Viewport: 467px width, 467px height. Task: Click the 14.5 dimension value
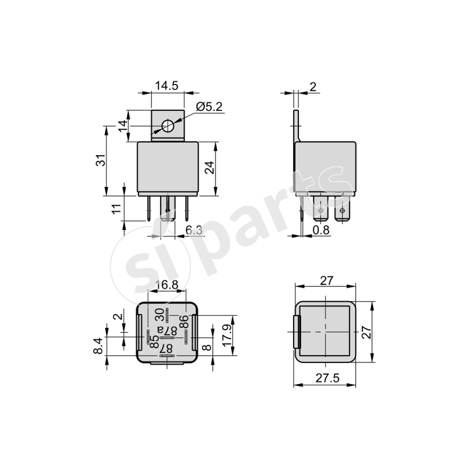pos(166,86)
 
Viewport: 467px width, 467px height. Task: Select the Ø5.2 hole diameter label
pos(210,107)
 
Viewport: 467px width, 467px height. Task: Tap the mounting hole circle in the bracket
pos(168,126)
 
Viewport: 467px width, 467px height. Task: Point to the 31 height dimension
pos(100,161)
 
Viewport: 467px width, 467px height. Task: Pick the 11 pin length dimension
pos(117,208)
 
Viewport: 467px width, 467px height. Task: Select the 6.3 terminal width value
pos(194,231)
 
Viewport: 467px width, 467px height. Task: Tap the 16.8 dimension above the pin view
pos(167,285)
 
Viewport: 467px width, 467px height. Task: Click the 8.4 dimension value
pos(99,346)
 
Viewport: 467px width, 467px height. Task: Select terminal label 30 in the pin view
pos(159,315)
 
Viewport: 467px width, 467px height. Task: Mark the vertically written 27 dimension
pos(366,333)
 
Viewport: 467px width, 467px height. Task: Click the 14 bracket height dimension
pos(122,126)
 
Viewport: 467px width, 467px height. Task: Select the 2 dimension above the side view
pos(313,87)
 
